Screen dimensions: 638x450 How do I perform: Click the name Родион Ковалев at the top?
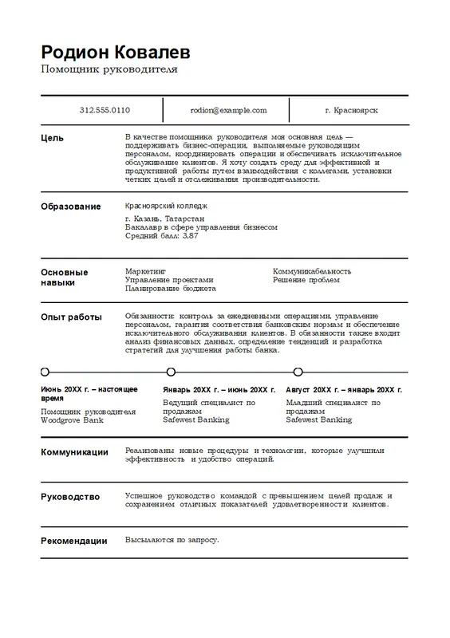[x=116, y=53]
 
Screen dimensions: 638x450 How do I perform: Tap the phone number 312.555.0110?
[x=105, y=110]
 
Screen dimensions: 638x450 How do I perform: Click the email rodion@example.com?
[x=228, y=110]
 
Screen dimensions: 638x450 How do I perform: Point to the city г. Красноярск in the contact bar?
[x=352, y=110]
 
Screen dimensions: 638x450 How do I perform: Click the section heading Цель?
[x=53, y=138]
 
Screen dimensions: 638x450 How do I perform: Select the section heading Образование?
[x=70, y=207]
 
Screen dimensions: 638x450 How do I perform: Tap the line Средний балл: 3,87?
[x=162, y=236]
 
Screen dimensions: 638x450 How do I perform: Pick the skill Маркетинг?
[x=145, y=271]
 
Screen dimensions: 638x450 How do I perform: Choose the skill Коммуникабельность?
[x=312, y=271]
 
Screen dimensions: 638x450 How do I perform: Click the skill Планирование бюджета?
[x=171, y=289]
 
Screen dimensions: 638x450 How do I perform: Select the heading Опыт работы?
[x=71, y=317]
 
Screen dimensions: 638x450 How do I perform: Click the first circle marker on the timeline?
[x=45, y=371]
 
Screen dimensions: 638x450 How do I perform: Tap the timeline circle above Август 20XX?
[x=298, y=371]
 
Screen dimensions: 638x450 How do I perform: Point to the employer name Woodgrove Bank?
[x=72, y=419]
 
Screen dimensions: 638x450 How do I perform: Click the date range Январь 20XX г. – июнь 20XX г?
[x=219, y=390]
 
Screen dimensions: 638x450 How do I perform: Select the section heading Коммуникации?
[x=74, y=452]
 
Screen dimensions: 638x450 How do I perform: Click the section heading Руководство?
[x=70, y=497]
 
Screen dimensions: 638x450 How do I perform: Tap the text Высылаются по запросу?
[x=172, y=540]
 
